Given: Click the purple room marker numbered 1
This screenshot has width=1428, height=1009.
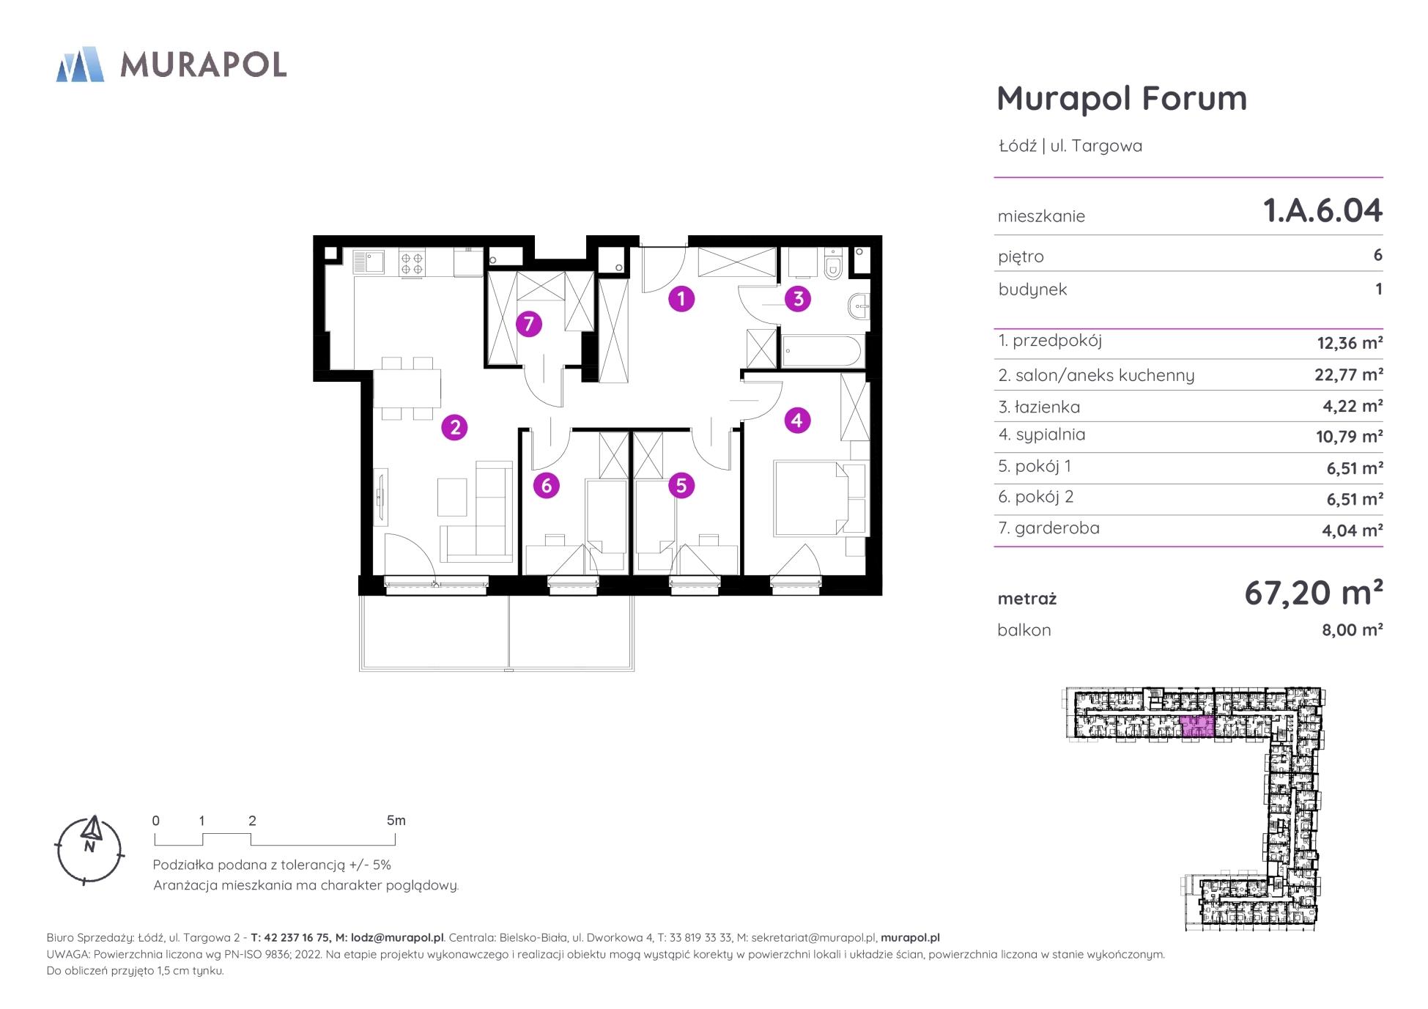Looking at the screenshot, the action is (681, 299).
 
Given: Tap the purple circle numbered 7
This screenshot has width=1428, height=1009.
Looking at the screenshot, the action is (528, 324).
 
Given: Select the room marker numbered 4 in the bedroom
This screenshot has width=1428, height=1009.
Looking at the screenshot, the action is (797, 420).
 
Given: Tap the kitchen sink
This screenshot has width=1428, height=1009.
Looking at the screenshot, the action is (369, 263).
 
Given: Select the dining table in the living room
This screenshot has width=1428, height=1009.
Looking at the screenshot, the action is (407, 388).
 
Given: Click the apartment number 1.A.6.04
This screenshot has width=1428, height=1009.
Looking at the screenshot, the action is (1322, 211).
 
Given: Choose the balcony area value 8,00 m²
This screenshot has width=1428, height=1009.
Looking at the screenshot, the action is (1352, 630).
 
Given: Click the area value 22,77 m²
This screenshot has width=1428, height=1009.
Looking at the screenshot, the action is (1349, 374).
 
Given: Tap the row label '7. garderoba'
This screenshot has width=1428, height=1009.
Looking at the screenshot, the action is (1048, 528).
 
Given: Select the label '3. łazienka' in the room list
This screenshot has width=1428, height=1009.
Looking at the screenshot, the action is (1039, 407).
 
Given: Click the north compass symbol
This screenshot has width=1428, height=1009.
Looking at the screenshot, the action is (89, 850).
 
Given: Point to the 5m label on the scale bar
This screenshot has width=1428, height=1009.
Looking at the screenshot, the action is (396, 821).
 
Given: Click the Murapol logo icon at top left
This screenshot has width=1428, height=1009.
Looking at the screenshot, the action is (80, 64).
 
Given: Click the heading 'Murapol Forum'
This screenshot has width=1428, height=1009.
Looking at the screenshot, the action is (1122, 98).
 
